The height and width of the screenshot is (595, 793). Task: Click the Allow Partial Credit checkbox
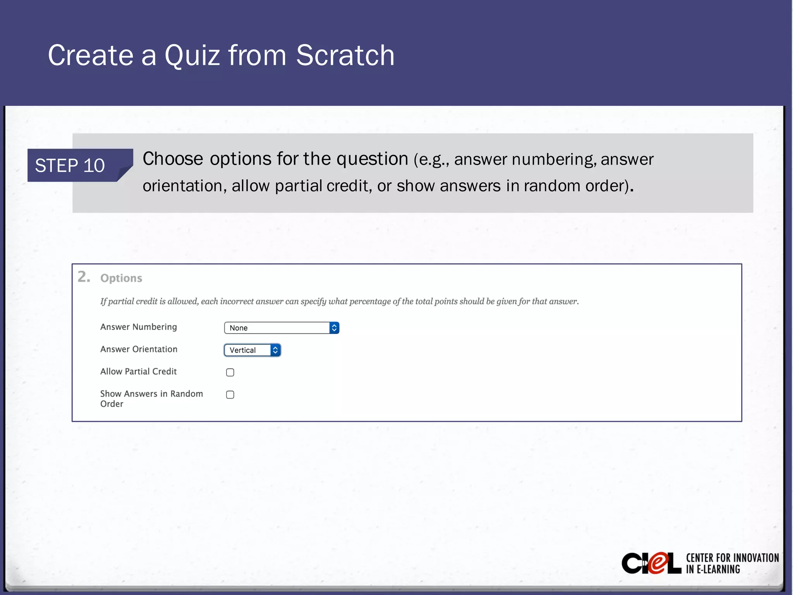pos(230,372)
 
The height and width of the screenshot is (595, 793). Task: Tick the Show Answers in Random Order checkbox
pos(230,395)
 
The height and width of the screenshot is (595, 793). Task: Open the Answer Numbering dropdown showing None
pos(277,328)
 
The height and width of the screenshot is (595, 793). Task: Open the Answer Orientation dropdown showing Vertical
pos(248,350)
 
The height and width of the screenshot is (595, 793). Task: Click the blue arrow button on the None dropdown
pos(334,328)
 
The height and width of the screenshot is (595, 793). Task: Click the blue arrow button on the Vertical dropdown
pos(275,350)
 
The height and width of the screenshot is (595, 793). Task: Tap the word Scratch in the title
pos(345,55)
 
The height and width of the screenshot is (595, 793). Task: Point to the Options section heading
pos(121,278)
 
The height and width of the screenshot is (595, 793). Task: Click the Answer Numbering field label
pos(139,327)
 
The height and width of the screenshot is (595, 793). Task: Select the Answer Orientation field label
pos(139,349)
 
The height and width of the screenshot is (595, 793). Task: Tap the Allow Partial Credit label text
pos(138,371)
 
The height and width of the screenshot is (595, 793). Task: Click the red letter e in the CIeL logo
pos(658,564)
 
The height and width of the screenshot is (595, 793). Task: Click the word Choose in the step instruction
pos(173,159)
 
